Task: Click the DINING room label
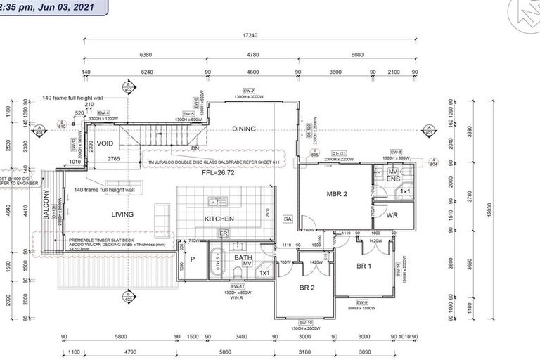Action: [244, 129]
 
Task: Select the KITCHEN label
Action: [219, 219]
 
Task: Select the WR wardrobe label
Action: [392, 215]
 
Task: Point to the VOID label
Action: [105, 143]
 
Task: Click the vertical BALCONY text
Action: [47, 205]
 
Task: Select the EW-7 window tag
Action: [248, 91]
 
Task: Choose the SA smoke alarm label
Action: [287, 219]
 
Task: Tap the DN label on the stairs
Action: [196, 148]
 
